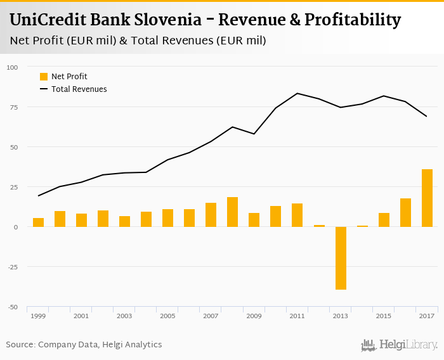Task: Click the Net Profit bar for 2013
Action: [x=341, y=258]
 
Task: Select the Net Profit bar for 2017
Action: [x=427, y=198]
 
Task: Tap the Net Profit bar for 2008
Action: [x=232, y=212]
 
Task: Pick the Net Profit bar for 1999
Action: [x=38, y=222]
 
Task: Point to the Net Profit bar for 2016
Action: [x=405, y=212]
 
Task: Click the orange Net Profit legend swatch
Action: [x=44, y=77]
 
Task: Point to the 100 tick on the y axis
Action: [x=13, y=67]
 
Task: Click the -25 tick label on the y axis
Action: [x=13, y=267]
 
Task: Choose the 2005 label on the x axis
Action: [x=167, y=316]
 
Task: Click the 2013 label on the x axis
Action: [x=341, y=316]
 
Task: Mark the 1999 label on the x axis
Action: [x=38, y=316]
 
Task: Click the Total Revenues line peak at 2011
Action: [x=297, y=93]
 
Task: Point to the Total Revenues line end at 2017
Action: [x=427, y=117]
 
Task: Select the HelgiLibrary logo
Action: [x=399, y=345]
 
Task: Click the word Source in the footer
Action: [x=20, y=345]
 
